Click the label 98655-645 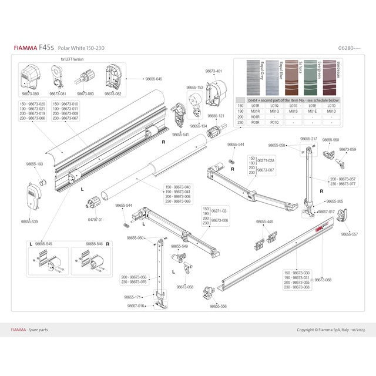(150, 79)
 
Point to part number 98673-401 (214, 71)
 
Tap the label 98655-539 (29, 221)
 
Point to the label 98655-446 (264, 221)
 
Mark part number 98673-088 (323, 280)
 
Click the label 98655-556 (219, 306)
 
